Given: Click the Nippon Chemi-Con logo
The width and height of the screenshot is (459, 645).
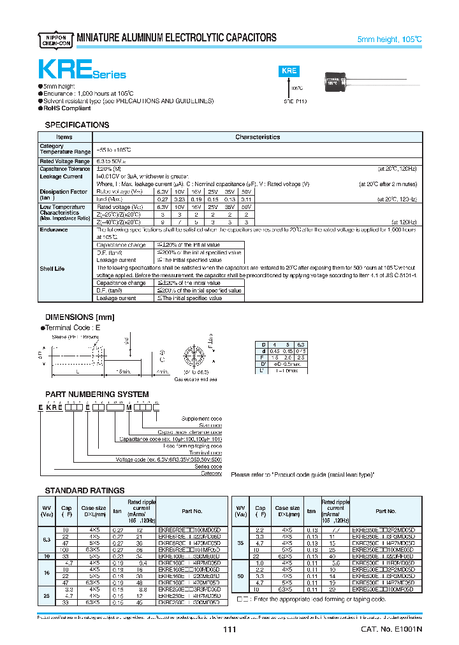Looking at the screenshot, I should (55, 38).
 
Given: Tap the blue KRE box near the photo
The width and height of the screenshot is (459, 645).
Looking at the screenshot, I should (289, 71).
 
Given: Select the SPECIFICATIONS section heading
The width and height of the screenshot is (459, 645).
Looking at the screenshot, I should (76, 125).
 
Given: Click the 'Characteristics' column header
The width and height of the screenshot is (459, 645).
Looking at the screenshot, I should (257, 137).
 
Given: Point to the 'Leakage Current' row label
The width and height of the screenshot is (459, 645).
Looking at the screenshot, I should (61, 177).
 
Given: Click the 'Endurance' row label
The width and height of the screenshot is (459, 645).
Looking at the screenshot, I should (54, 229).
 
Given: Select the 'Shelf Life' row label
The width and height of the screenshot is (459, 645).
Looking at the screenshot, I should (52, 268).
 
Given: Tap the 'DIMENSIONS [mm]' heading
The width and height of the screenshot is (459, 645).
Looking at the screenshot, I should (78, 317).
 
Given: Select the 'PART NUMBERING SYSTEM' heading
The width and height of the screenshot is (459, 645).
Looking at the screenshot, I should (97, 395).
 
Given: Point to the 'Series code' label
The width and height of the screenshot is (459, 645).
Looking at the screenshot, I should (208, 467).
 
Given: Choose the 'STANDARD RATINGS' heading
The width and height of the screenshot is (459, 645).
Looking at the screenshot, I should (85, 490).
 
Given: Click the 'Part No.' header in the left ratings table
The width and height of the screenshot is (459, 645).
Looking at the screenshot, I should (191, 511).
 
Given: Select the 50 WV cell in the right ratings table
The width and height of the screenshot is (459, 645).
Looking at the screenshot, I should (240, 576).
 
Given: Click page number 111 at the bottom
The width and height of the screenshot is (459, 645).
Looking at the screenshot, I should (229, 630).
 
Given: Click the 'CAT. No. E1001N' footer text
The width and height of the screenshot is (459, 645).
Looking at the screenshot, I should (391, 630).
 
